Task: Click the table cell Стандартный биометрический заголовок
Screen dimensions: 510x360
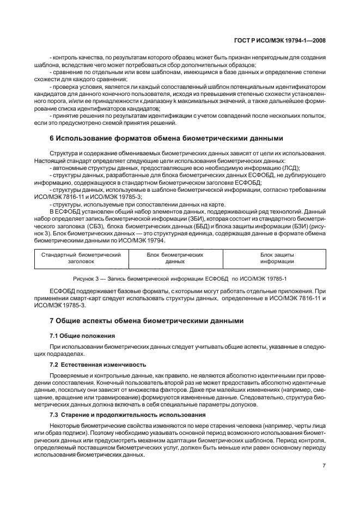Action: coord(81,258)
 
